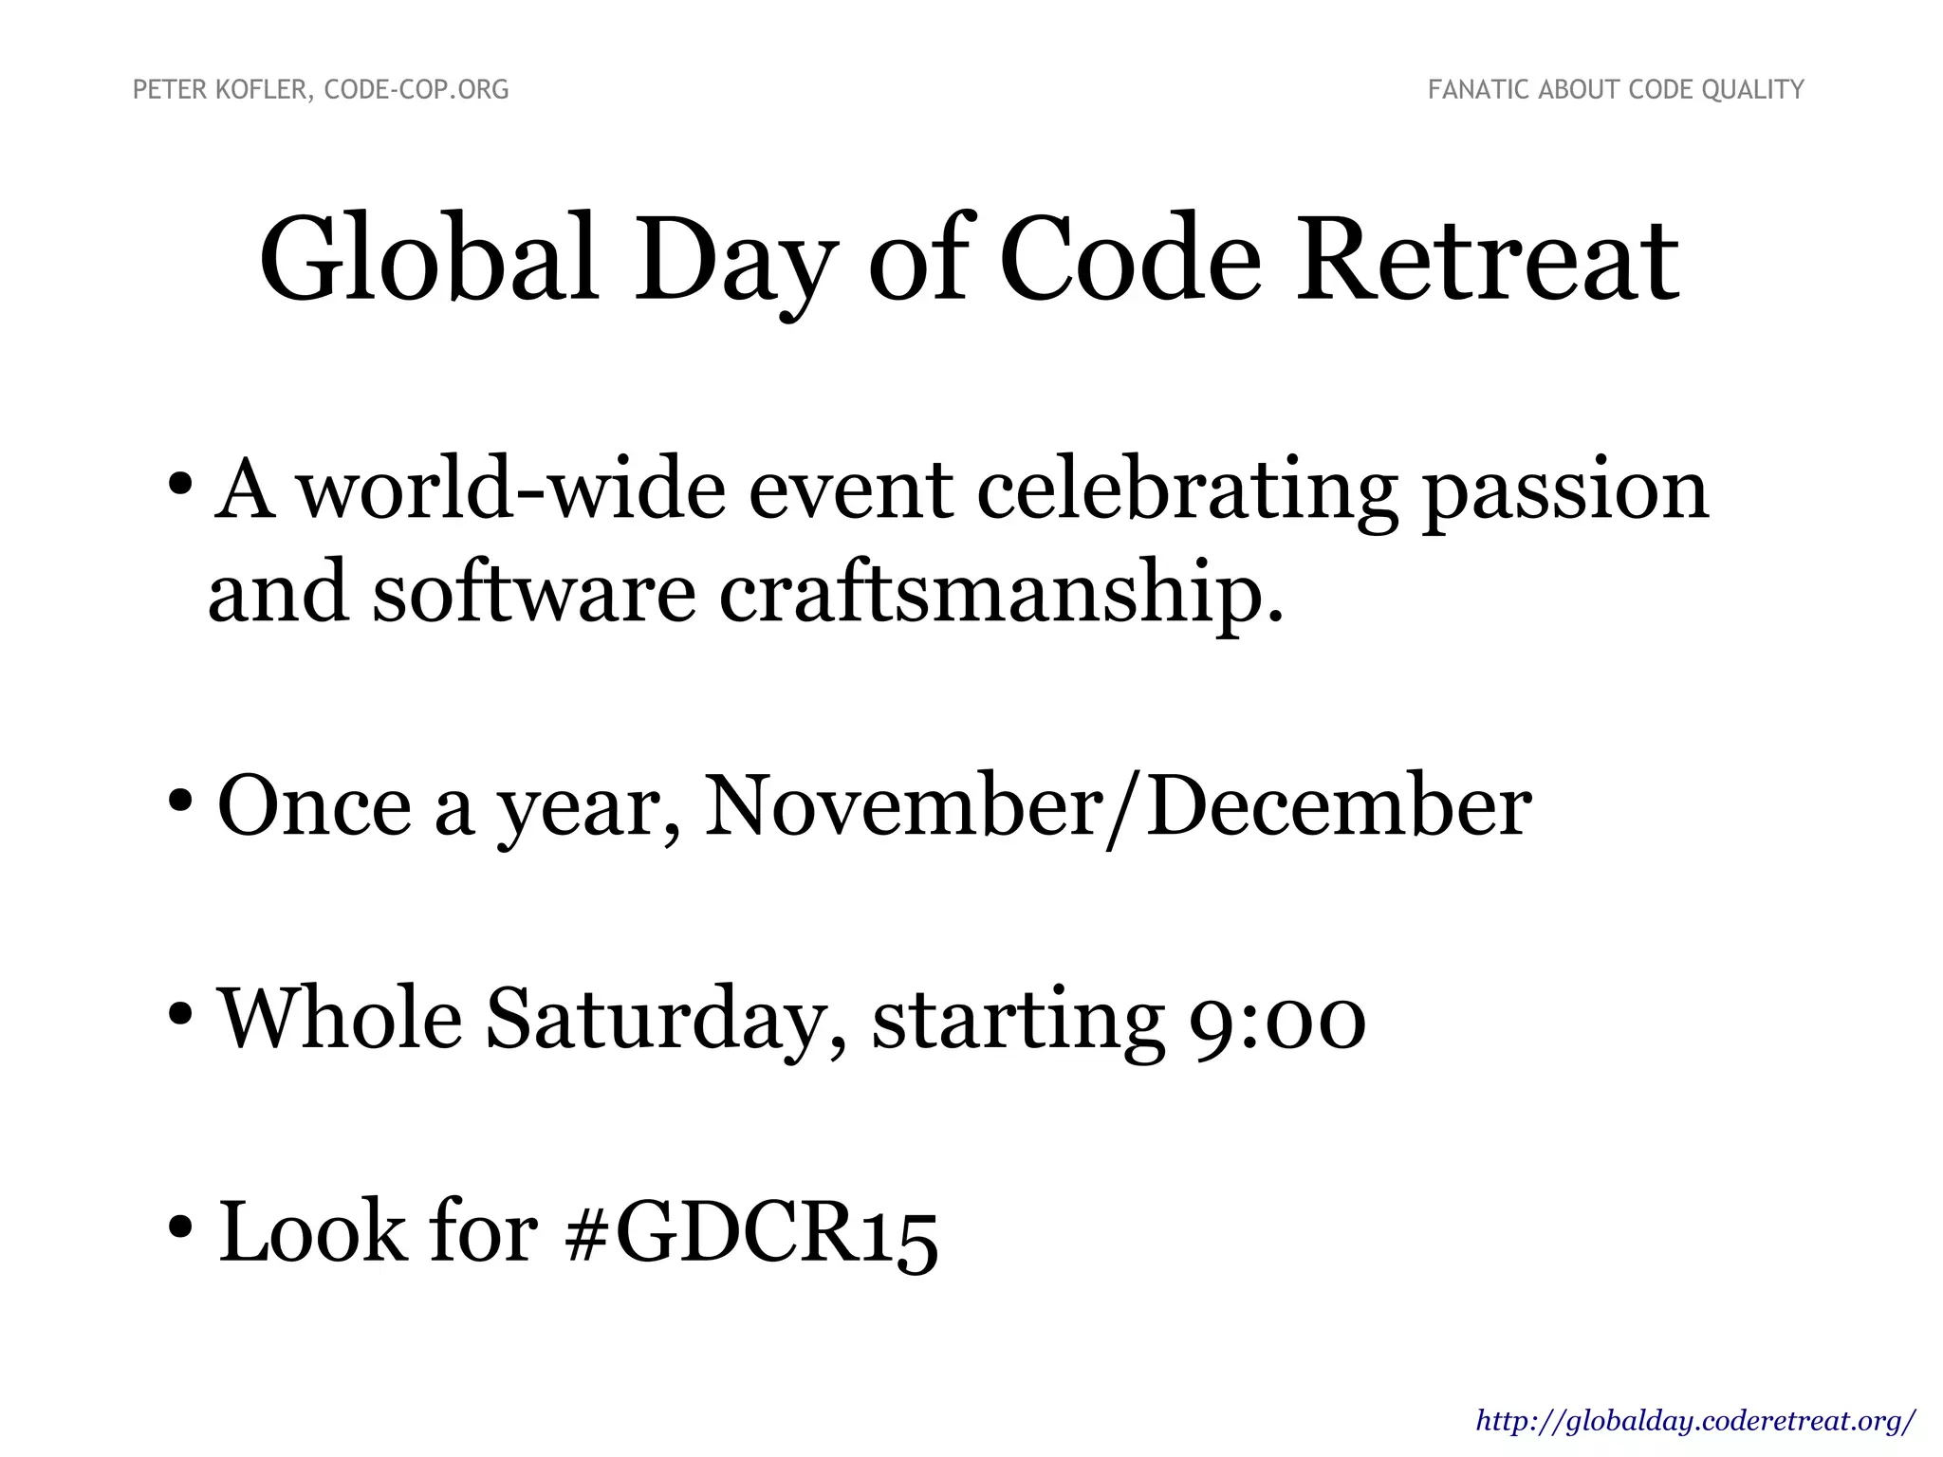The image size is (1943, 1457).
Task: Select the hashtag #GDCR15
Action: [x=749, y=1232]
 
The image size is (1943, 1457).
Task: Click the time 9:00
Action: [x=1276, y=1019]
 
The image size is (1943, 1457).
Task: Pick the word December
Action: [x=1339, y=805]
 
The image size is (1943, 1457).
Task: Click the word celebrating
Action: [x=1186, y=490]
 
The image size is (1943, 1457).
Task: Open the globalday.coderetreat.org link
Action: [x=1695, y=1421]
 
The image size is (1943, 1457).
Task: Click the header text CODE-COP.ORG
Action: [x=416, y=90]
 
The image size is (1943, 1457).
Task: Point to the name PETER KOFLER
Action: [x=219, y=90]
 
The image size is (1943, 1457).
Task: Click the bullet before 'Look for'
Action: [x=180, y=1227]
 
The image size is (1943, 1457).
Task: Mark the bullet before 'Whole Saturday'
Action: [x=180, y=1015]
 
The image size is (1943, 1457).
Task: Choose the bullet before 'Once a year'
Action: [x=180, y=802]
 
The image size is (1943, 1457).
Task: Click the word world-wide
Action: [x=512, y=490]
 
